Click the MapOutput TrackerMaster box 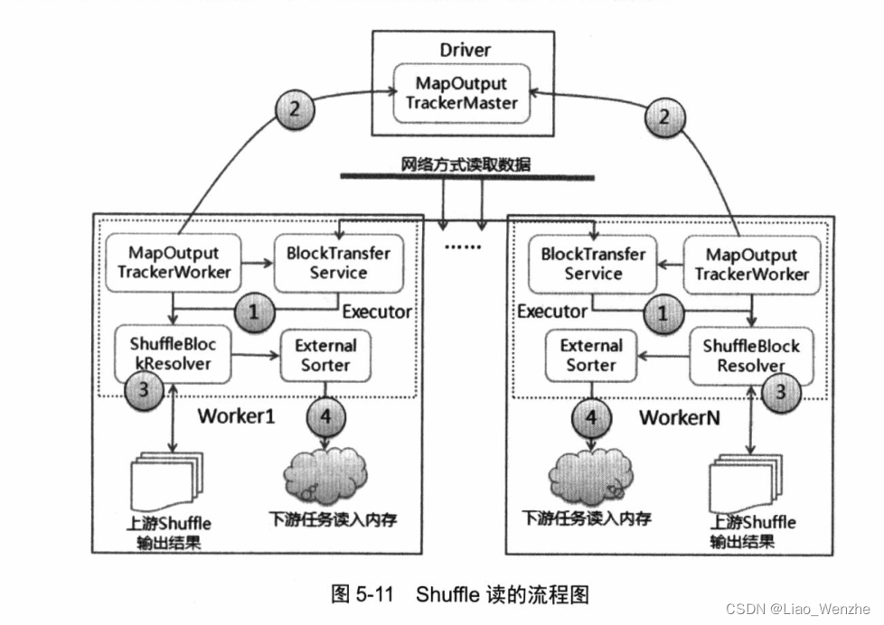pos(461,93)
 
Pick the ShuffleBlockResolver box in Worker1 pos(171,353)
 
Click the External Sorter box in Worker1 pos(325,355)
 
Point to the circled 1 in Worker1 pos(254,312)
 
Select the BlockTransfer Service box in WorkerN pos(594,264)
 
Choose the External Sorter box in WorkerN pos(591,355)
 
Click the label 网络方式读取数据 pos(466,164)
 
